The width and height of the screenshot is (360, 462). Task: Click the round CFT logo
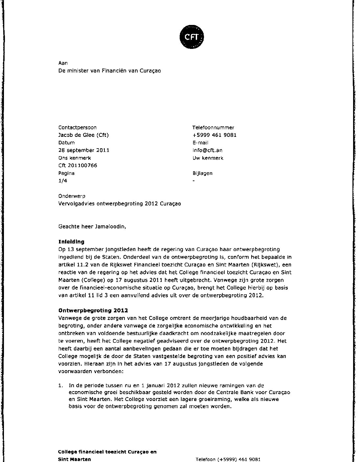point(192,37)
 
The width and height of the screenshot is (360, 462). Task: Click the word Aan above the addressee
point(63,63)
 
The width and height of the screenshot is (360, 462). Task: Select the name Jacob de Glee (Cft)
point(83,135)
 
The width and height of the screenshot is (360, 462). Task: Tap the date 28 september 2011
point(84,150)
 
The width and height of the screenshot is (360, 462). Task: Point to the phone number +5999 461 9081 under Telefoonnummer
point(214,135)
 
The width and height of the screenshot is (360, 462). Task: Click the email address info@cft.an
point(207,150)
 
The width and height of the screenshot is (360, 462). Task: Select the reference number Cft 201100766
point(78,165)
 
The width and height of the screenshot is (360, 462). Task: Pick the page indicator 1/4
point(62,181)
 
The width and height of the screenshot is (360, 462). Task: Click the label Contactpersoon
point(77,128)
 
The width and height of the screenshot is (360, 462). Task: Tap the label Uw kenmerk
point(208,158)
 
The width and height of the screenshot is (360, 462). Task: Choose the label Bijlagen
point(202,173)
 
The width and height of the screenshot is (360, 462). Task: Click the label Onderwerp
point(72,196)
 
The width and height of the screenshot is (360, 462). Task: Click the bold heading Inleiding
point(71,242)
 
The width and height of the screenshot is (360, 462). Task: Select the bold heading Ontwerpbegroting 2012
point(93,310)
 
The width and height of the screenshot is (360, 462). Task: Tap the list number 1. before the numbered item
point(60,386)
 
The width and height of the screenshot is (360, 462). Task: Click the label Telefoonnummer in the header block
point(213,128)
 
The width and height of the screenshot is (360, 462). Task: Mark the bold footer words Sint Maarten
point(74,459)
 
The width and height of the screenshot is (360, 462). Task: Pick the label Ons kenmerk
point(75,158)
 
